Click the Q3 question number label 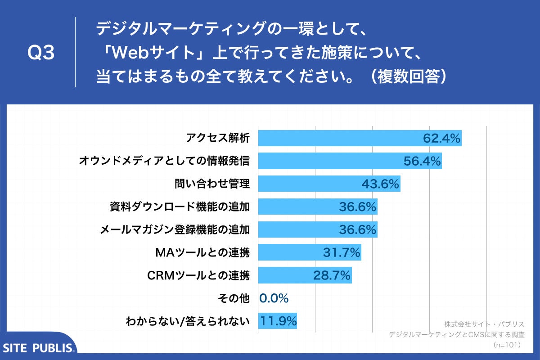(x=41, y=53)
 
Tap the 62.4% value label (x=441, y=138)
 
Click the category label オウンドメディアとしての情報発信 (x=164, y=161)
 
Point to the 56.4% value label (x=422, y=161)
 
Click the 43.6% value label (x=380, y=184)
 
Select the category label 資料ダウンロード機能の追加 (x=180, y=207)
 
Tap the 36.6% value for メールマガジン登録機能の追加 (x=357, y=229)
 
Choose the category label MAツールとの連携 (x=202, y=252)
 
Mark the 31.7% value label (x=342, y=252)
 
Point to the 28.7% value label (x=332, y=275)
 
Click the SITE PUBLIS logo (x=38, y=347)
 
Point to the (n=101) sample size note (x=507, y=345)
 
